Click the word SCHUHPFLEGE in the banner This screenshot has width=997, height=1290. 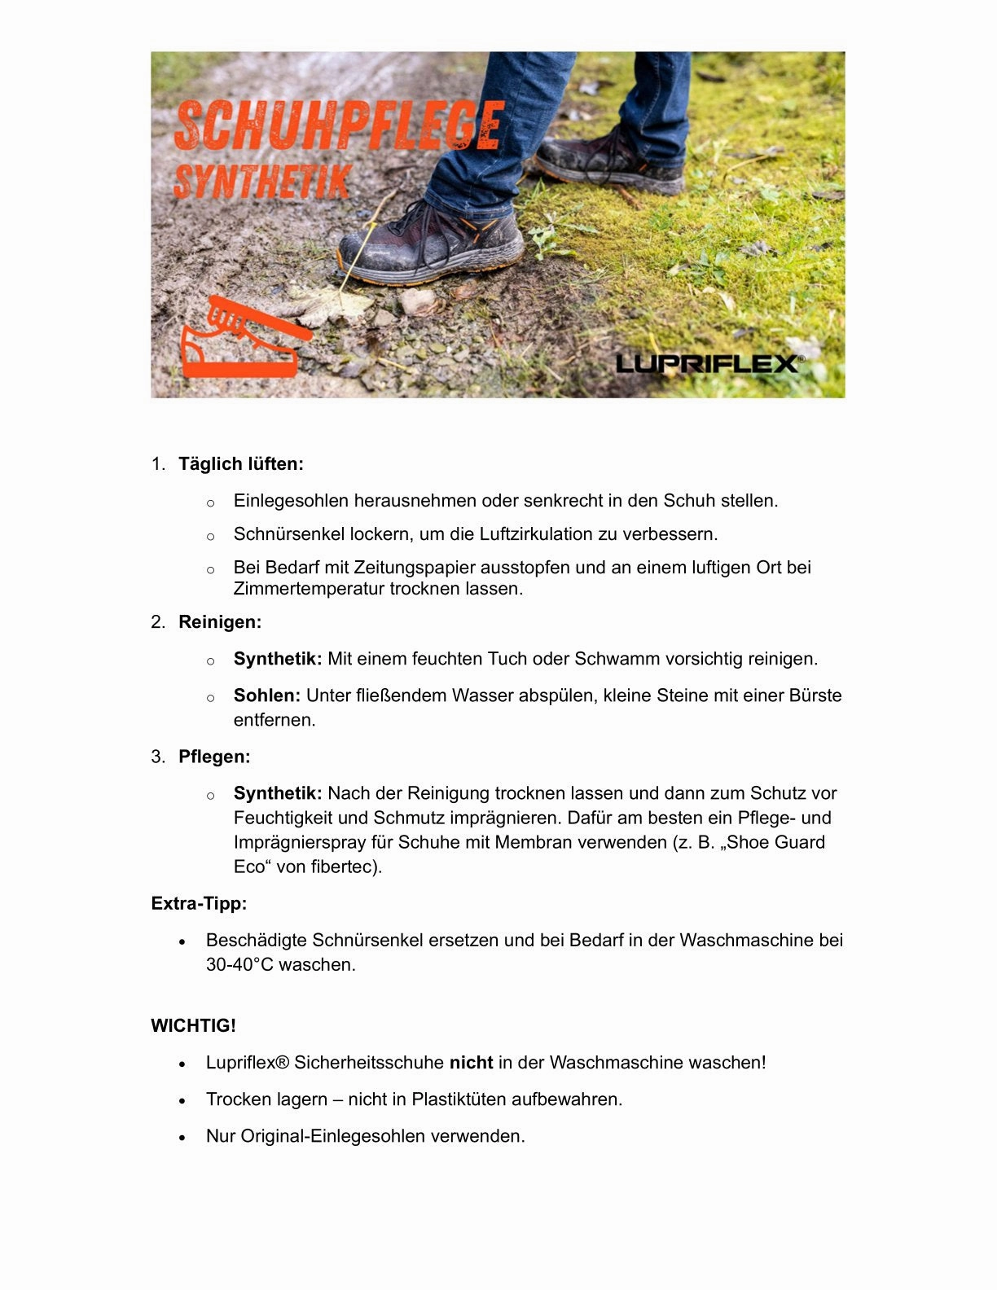tap(339, 125)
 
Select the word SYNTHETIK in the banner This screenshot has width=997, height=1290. tap(262, 182)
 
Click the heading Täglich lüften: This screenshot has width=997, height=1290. tap(241, 464)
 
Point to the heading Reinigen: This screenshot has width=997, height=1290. tap(220, 622)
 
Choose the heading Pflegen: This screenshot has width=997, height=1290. tap(214, 757)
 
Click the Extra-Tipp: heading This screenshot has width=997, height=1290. tap(199, 903)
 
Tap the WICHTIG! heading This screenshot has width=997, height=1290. tap(193, 1025)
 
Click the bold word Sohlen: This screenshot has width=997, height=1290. tap(267, 695)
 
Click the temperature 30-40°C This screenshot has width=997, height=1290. tap(239, 964)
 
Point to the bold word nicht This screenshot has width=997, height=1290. tap(471, 1062)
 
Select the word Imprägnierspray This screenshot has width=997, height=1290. tap(300, 842)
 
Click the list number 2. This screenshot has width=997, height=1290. tap(157, 622)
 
